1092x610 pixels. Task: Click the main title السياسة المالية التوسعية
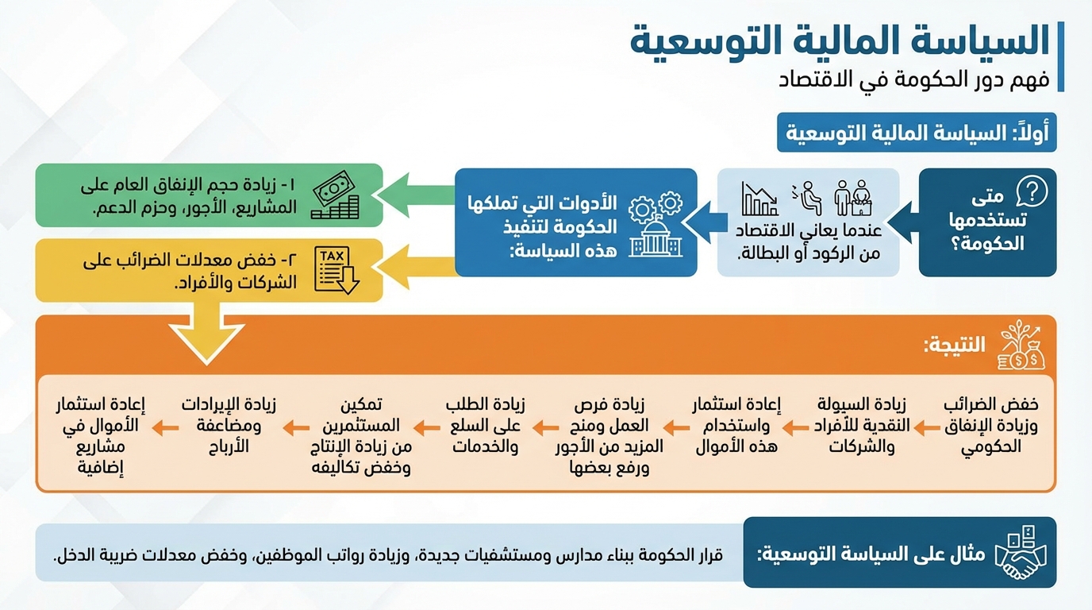click(x=840, y=41)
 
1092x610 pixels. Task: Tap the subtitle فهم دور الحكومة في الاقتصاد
click(x=914, y=79)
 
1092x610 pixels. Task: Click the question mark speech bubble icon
click(x=1032, y=191)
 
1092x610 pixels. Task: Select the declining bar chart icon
click(x=759, y=199)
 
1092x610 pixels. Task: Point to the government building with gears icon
click(x=656, y=224)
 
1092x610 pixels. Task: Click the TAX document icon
click(x=336, y=270)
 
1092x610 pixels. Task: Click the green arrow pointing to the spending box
click(x=417, y=195)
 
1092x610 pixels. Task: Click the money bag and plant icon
click(x=1021, y=345)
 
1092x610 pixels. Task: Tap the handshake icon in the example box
click(x=1021, y=553)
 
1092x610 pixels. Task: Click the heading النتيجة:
click(x=955, y=345)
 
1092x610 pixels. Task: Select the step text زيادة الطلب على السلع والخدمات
click(x=485, y=426)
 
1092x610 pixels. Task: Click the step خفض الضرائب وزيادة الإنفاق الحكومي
click(x=991, y=426)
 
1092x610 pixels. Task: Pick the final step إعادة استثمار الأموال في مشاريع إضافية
click(x=101, y=436)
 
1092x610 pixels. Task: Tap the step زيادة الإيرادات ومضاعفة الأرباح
click(x=229, y=426)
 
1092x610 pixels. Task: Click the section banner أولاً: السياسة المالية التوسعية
click(x=917, y=133)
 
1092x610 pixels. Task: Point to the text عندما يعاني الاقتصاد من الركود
click(x=809, y=241)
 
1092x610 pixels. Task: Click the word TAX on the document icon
click(x=332, y=255)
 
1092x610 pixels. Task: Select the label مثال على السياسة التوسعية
click(x=871, y=554)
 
